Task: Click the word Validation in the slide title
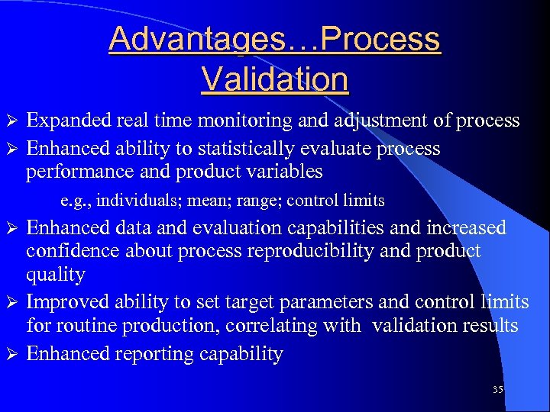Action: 274,79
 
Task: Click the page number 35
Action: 497,389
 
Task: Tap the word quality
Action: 56,275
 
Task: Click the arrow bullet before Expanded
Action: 11,121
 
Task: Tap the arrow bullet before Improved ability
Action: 11,303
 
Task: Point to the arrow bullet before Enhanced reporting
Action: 11,354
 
